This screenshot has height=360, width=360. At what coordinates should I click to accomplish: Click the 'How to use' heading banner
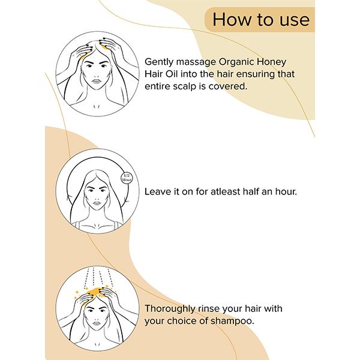click(261, 20)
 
